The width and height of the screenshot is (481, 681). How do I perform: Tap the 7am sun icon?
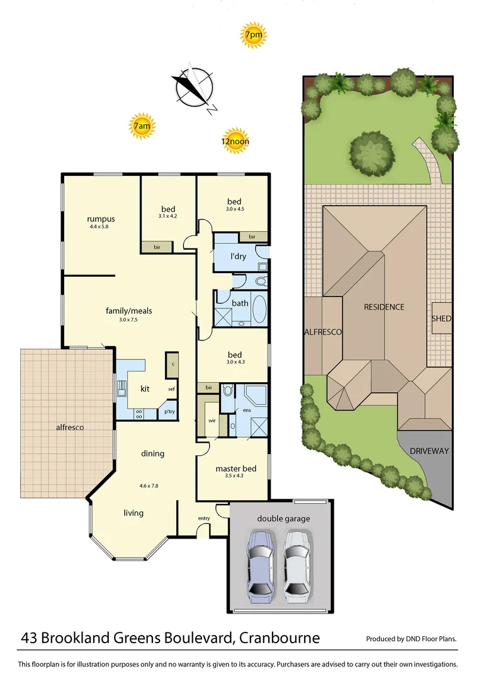(142, 127)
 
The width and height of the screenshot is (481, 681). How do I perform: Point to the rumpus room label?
(101, 219)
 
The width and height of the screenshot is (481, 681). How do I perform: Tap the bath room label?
(240, 303)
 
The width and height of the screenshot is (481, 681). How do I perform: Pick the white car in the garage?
(297, 563)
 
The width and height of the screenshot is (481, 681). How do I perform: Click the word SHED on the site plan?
(441, 318)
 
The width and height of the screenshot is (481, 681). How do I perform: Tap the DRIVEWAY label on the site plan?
(429, 451)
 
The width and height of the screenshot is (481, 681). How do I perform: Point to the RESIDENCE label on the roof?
(384, 307)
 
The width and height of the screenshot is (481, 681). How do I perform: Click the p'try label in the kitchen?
(169, 412)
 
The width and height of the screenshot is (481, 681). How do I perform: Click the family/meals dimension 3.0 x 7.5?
(128, 320)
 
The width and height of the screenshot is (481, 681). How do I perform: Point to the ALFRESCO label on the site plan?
(322, 332)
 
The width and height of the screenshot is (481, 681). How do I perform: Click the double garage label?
(283, 519)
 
